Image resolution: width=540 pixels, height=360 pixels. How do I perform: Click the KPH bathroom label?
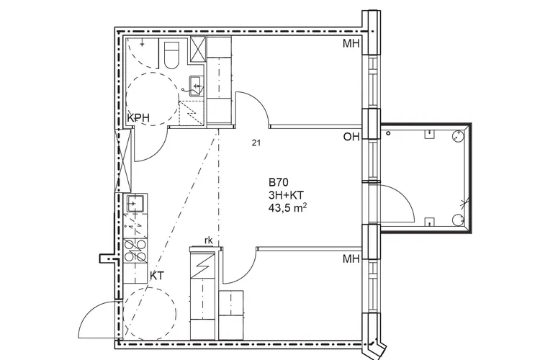(138, 117)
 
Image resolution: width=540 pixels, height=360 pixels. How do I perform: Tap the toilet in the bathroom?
(171, 55)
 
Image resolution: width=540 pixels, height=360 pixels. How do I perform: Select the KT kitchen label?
(157, 276)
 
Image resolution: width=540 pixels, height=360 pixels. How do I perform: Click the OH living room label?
(351, 137)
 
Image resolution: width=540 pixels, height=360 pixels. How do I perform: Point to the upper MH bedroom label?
(351, 44)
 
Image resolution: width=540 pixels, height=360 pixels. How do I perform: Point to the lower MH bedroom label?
(351, 258)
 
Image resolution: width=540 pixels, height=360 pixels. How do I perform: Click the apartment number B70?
(278, 182)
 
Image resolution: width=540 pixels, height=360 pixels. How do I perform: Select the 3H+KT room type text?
(286, 195)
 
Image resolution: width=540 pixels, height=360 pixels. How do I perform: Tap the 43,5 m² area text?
(288, 208)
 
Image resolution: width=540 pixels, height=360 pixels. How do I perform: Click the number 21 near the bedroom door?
(256, 143)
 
